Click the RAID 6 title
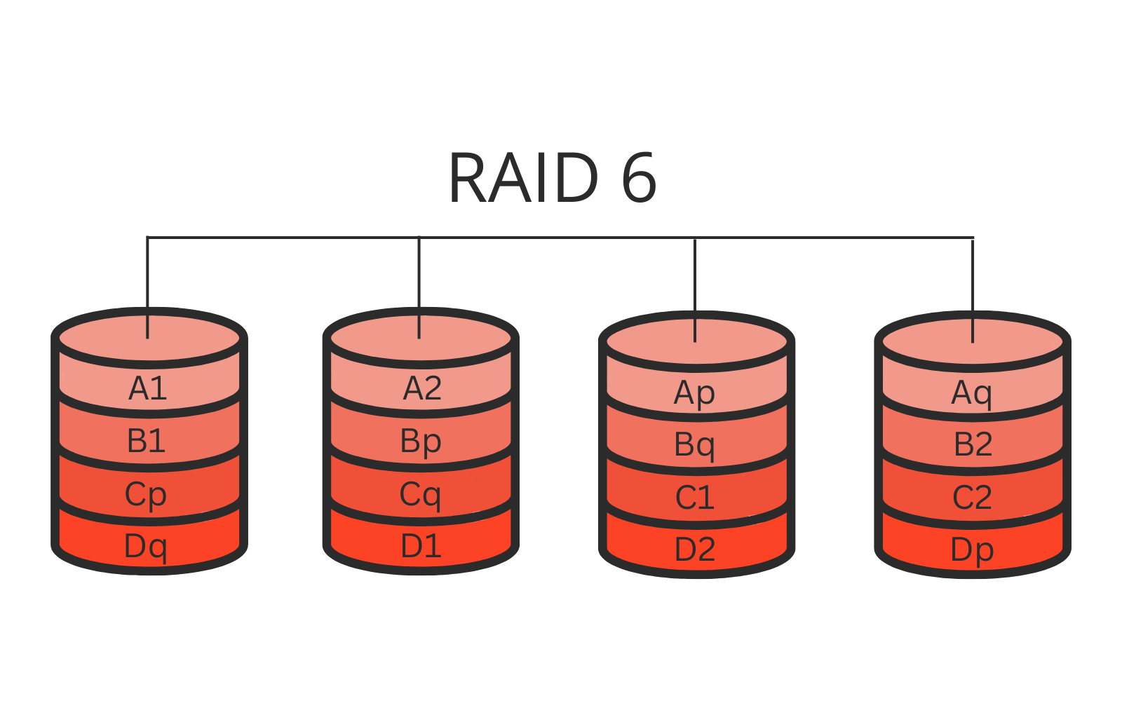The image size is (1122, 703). [552, 179]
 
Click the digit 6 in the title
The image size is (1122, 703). [638, 179]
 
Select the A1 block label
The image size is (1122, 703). [147, 388]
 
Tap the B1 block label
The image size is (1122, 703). [146, 441]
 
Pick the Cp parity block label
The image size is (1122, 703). [146, 495]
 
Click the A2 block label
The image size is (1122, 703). [422, 388]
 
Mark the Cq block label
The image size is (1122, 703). [420, 495]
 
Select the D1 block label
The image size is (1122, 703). [421, 546]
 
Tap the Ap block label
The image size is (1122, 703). [694, 393]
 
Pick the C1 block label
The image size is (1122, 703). [694, 498]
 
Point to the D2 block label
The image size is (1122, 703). [694, 550]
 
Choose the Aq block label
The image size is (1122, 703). [972, 393]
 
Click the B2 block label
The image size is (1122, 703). [973, 444]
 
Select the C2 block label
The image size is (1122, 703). [972, 498]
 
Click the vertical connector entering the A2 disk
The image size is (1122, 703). [419, 280]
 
